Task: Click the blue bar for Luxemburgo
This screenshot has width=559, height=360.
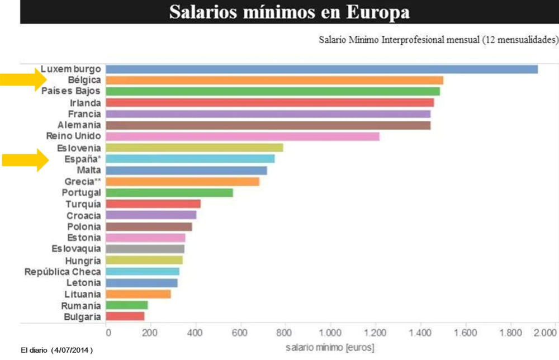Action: [321, 69]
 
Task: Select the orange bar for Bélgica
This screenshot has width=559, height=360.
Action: [274, 80]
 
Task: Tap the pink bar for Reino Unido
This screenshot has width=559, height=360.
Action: [242, 136]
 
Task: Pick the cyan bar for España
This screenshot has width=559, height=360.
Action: [190, 159]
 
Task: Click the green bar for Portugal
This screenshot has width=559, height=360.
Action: [169, 193]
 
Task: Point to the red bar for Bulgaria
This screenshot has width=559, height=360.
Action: [125, 316]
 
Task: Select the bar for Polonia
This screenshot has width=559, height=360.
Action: [149, 226]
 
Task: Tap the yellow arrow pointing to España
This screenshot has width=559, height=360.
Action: [22, 161]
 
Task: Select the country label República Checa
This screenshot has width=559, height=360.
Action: [63, 272]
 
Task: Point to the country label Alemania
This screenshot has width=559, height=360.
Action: [79, 125]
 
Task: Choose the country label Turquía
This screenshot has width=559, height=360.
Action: [83, 204]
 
